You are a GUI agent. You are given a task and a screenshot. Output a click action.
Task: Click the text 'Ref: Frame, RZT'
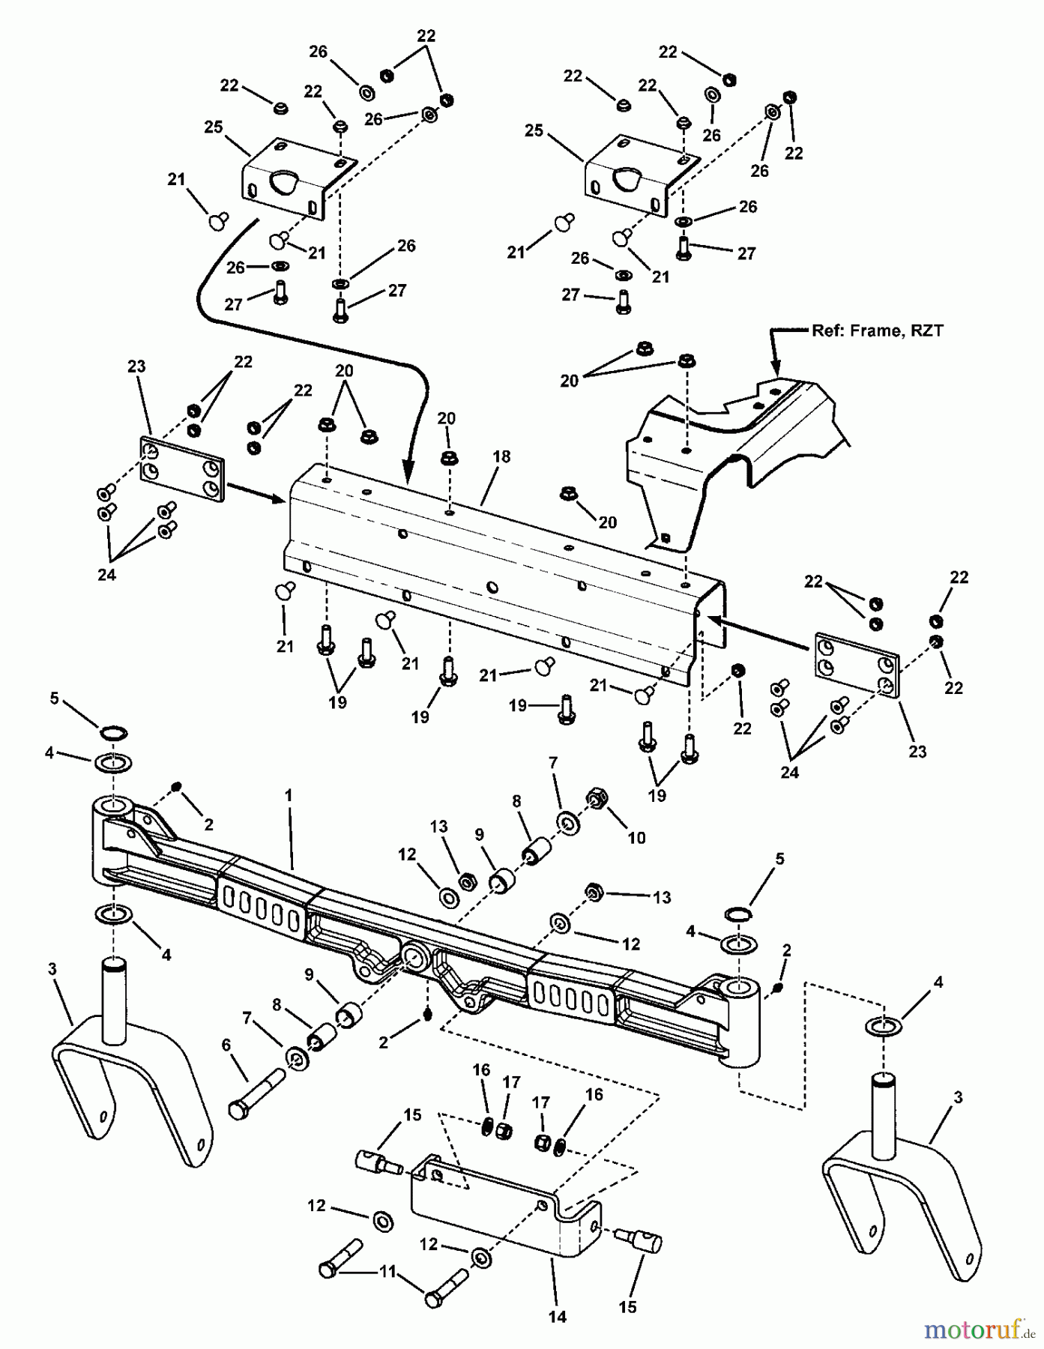pos(877,331)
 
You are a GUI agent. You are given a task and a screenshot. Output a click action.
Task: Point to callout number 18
pos(501,456)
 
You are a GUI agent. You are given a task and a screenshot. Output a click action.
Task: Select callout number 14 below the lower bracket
pos(558,1316)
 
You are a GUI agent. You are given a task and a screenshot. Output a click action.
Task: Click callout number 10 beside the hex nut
pos(636,837)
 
